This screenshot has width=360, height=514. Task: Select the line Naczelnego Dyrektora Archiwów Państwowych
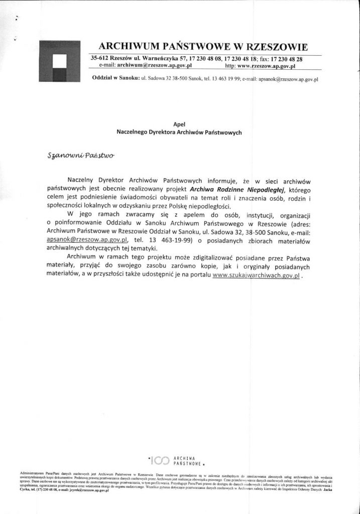point(179,133)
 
